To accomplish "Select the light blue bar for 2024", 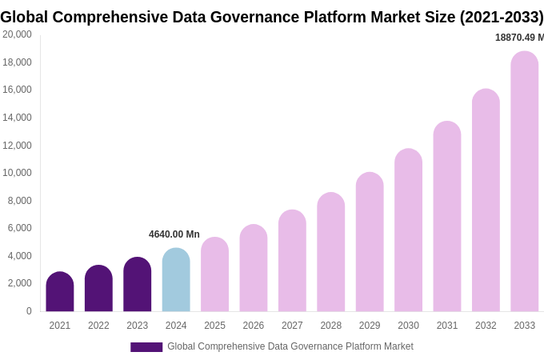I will click(176, 280).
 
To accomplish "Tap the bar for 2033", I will click(525, 182).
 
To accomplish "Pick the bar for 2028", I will click(331, 252).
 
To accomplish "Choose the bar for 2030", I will click(408, 230).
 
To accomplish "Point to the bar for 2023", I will click(138, 285).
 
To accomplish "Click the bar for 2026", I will click(254, 268).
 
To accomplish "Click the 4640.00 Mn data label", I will click(174, 234).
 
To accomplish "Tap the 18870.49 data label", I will click(519, 38).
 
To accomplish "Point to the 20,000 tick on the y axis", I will click(18, 34).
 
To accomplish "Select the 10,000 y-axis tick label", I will click(18, 173).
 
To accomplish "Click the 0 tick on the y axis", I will click(29, 311).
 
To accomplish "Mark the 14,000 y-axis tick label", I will click(18, 118).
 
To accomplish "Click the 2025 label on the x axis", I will click(214, 326).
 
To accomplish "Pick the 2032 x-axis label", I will click(486, 326).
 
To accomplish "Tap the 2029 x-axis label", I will click(370, 326).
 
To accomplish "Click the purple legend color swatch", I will click(146, 347).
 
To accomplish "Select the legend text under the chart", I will click(290, 346).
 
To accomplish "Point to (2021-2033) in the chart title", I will click(502, 17).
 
